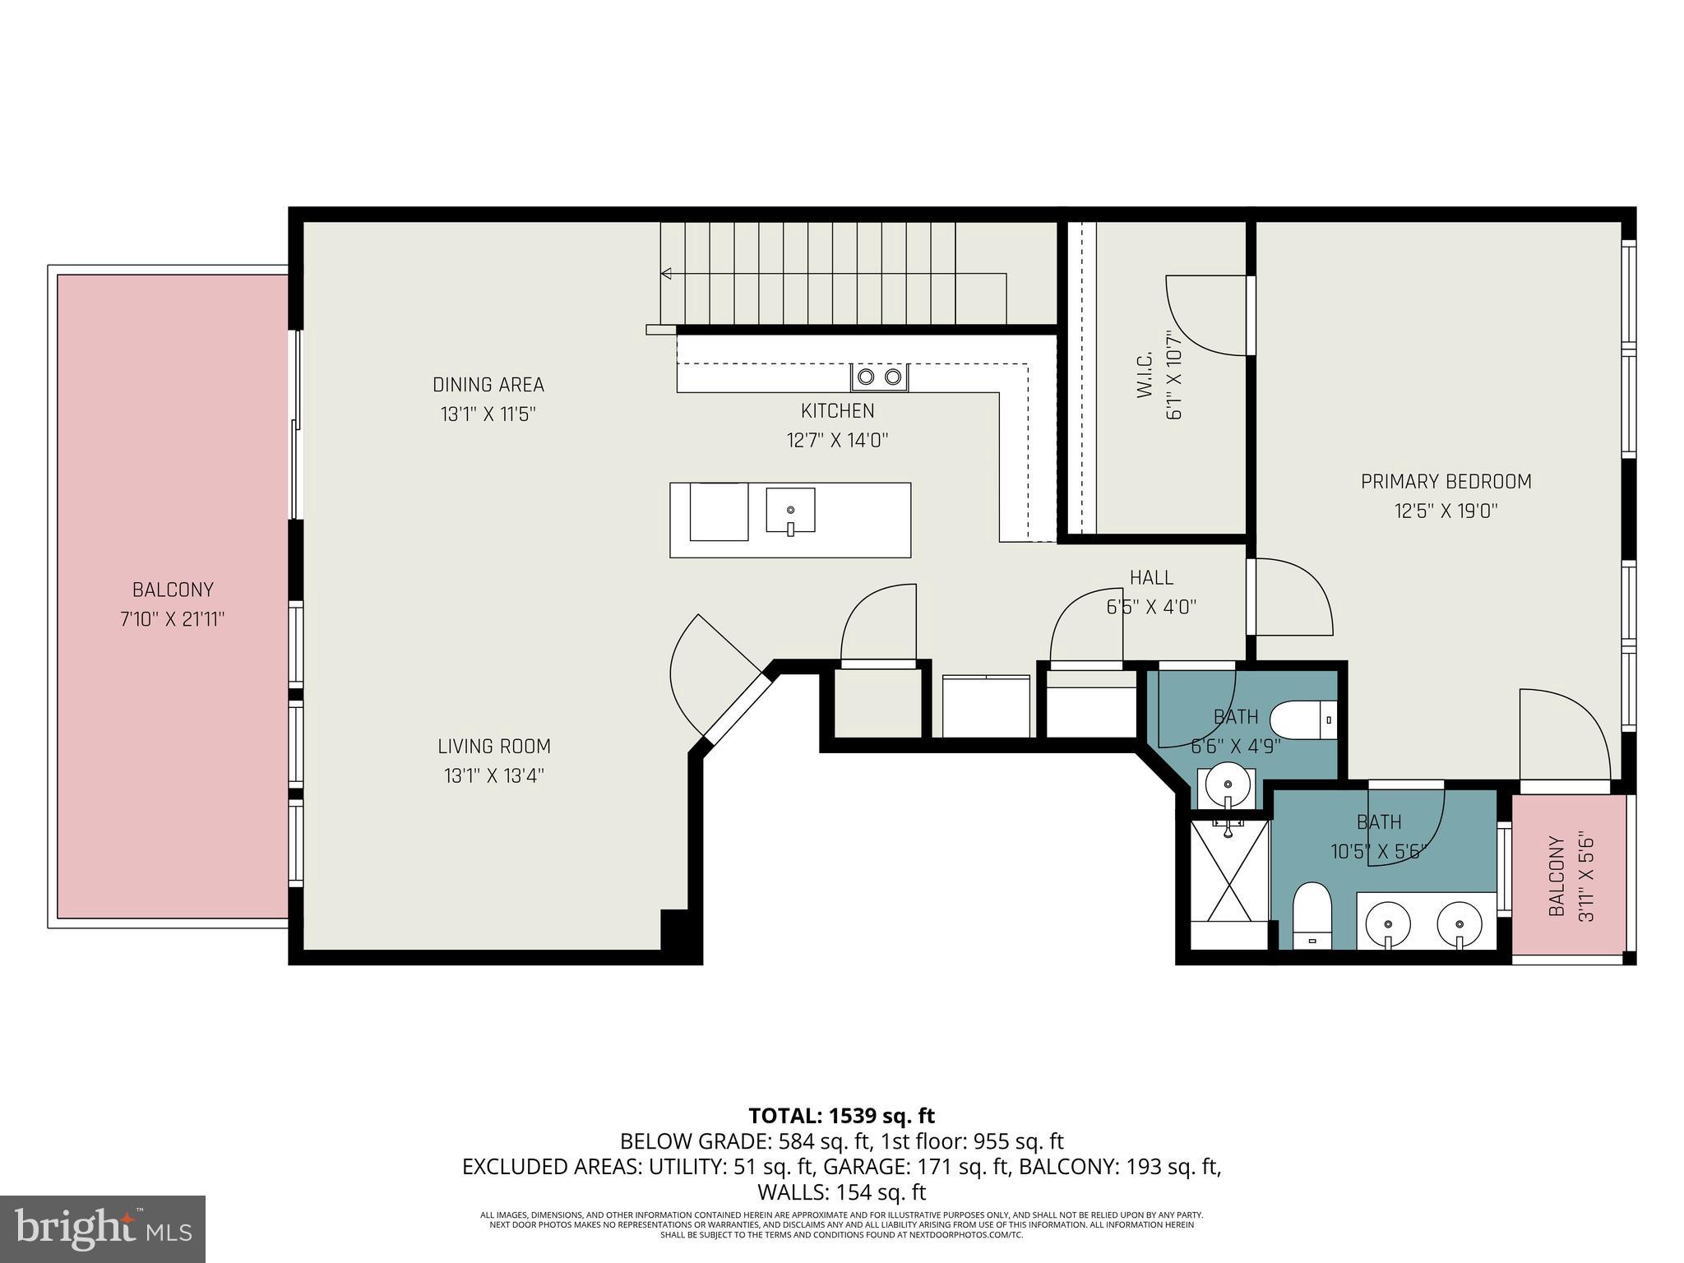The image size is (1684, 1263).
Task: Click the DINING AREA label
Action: click(x=488, y=385)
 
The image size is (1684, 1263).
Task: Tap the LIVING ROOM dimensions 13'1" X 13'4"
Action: click(x=493, y=775)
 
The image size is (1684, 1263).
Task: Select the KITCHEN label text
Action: click(x=837, y=410)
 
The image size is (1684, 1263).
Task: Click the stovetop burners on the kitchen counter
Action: click(x=879, y=377)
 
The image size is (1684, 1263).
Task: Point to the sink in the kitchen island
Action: click(x=790, y=511)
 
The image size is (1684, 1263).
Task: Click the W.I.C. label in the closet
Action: click(x=1145, y=375)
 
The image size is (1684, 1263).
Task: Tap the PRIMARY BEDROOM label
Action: click(x=1446, y=482)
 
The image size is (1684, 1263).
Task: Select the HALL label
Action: click(x=1151, y=577)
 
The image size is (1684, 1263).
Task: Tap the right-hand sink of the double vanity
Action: click(x=1460, y=923)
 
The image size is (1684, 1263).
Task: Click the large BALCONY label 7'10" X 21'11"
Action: click(x=173, y=590)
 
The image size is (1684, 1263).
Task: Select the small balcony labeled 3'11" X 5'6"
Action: click(x=1569, y=877)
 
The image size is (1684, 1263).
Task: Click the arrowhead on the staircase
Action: click(x=666, y=274)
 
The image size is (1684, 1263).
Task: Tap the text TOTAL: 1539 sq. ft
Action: click(x=841, y=1116)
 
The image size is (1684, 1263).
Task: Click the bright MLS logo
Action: click(x=103, y=1228)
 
